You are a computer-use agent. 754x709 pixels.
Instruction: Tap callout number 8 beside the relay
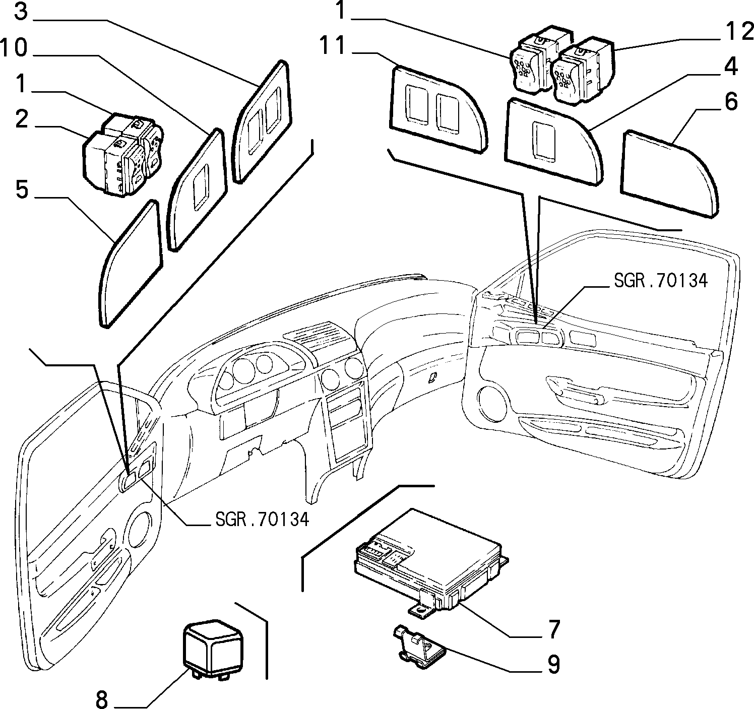(102, 698)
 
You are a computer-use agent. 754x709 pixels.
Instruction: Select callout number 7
(554, 629)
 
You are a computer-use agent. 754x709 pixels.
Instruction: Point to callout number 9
(554, 664)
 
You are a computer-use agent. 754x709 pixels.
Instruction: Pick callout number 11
(333, 45)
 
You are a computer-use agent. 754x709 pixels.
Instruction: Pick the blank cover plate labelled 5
(131, 263)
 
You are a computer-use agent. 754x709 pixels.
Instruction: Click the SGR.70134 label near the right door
(661, 281)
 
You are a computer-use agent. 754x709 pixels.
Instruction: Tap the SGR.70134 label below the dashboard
(263, 519)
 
